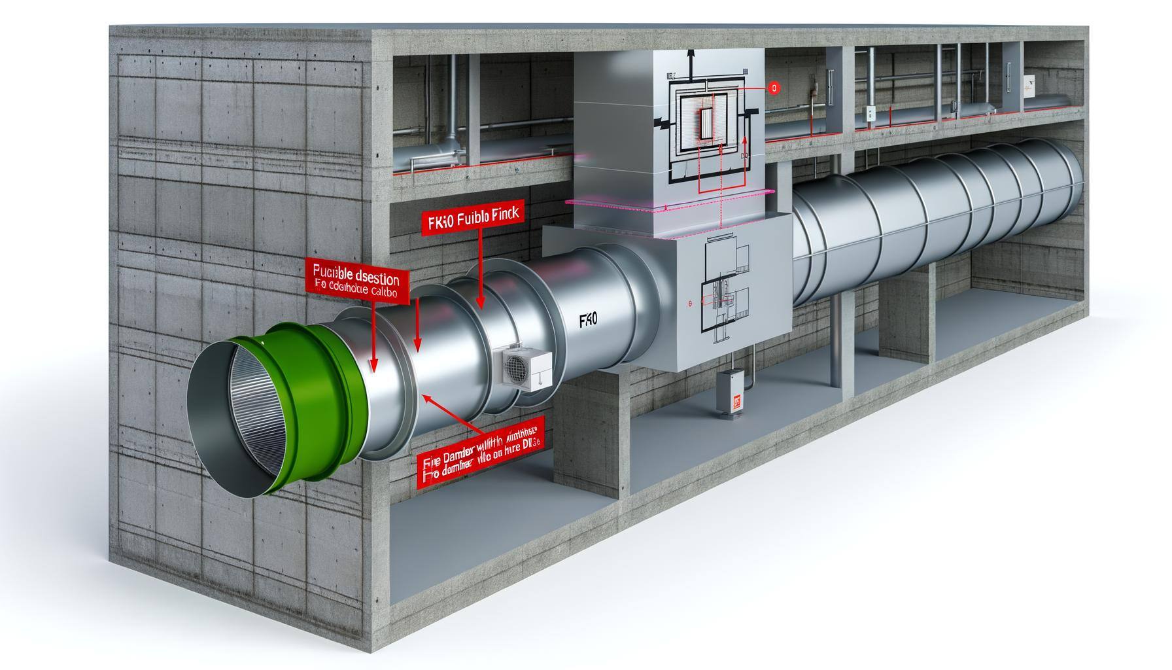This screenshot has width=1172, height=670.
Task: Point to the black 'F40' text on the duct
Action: click(x=588, y=320)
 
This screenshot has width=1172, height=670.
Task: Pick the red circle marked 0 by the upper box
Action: click(x=774, y=87)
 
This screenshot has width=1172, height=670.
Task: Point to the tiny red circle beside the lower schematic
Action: click(x=689, y=304)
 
